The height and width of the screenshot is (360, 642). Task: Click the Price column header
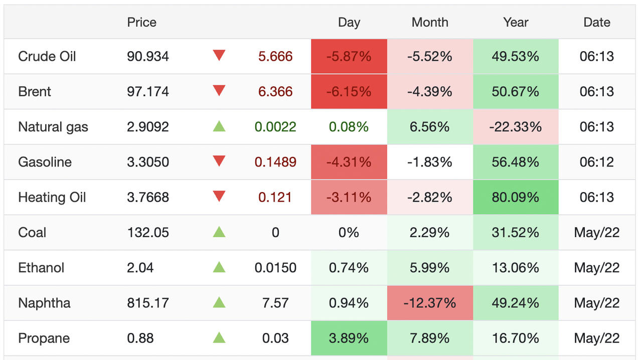point(141,23)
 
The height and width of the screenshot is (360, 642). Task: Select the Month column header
point(430,23)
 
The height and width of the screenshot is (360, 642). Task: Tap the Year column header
point(516,23)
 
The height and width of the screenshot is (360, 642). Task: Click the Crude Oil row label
point(47,56)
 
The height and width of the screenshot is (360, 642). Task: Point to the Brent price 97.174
point(148,92)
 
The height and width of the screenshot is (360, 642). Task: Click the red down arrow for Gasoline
point(219,161)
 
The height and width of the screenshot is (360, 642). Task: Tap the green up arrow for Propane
point(219,337)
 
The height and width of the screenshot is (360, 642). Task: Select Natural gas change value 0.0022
point(275,127)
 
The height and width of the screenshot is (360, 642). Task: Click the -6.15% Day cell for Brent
point(349,92)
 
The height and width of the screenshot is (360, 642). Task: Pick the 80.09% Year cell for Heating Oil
point(516,198)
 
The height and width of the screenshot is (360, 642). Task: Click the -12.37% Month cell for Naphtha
point(430,303)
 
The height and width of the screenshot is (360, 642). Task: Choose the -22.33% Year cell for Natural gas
point(516,127)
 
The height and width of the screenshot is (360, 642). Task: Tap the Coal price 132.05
point(148,233)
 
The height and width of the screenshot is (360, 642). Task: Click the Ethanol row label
point(41,268)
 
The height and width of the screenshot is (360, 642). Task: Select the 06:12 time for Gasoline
point(597,162)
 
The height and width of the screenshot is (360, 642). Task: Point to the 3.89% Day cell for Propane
point(349,338)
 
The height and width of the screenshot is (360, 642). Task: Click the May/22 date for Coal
point(597,233)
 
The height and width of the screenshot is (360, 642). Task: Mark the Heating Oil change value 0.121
point(275,198)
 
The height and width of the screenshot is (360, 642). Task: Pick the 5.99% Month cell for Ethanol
point(430,268)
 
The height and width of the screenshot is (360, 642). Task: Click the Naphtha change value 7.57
point(275,303)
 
